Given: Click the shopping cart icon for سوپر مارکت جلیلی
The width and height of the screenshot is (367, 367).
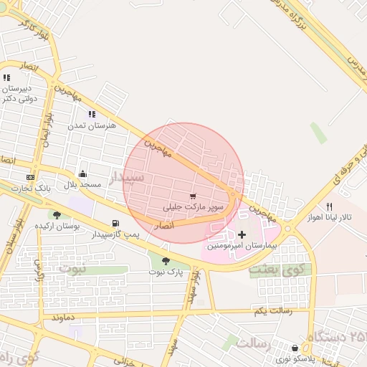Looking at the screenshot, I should point(193,196).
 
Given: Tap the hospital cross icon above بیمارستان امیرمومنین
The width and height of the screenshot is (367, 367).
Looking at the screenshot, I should point(242,235).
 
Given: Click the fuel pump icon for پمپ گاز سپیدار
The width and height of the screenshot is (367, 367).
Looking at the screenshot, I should point(116,224).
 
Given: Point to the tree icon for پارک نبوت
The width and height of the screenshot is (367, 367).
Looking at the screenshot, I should point(166,262).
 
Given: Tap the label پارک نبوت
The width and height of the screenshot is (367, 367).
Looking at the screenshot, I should point(166,272).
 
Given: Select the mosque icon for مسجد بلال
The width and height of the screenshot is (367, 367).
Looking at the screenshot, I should point(82,173).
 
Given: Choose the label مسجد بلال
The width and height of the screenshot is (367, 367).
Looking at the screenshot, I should point(82,184).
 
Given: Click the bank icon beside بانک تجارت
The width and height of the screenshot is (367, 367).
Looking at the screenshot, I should point(30,177).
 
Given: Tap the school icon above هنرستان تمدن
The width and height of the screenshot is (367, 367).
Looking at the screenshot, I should point(92,114).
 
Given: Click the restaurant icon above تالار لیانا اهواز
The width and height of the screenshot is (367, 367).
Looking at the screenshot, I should point(329,206).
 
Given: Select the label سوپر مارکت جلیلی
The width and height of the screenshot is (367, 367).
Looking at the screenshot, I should point(194,207).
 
